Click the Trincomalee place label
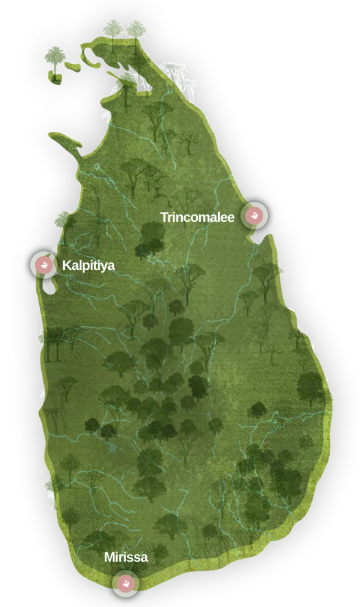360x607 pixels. (197, 218)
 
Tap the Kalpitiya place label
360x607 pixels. (89, 265)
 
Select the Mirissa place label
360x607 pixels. (126, 557)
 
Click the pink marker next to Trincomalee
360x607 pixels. (255, 216)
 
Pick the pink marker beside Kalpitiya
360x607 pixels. (45, 264)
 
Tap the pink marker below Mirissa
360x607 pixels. (126, 584)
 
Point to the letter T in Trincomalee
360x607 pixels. (165, 218)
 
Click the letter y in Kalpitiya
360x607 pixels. (104, 267)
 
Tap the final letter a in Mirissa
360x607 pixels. (144, 558)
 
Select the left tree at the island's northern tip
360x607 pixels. (113, 30)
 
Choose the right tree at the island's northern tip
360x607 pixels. (136, 30)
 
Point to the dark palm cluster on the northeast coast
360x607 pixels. (177, 74)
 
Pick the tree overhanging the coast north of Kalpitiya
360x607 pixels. (63, 220)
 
